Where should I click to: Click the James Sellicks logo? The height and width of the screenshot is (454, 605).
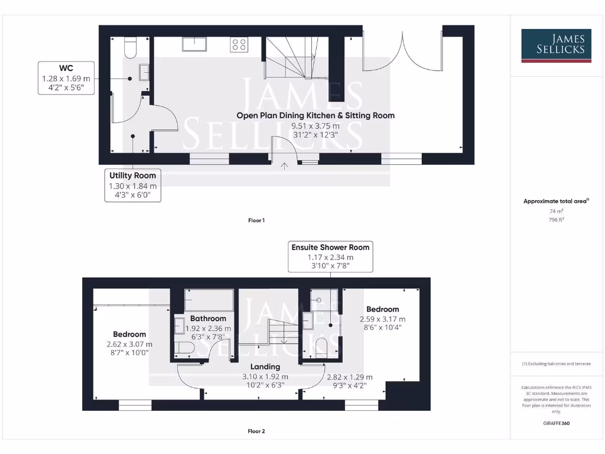pos(555,46)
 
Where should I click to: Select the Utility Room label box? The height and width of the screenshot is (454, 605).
pos(132,186)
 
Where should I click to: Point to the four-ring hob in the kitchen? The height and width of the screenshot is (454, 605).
pos(239,44)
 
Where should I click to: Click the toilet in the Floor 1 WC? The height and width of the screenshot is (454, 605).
pos(131,46)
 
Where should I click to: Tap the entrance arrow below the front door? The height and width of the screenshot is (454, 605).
pos(285,166)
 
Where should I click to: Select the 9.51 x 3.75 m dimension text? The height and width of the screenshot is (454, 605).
pos(315,126)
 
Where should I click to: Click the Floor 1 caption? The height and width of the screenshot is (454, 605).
pos(256,220)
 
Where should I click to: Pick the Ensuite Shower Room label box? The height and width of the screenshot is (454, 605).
pos(330,257)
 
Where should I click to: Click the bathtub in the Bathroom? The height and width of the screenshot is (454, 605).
pos(209,300)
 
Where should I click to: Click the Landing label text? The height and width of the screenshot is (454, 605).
pos(265,367)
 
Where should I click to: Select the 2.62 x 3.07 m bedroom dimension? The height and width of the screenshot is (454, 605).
pos(129,344)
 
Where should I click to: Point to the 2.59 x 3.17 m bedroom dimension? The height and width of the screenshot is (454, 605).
pos(382,319)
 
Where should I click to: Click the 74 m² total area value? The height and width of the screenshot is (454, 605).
pos(555,210)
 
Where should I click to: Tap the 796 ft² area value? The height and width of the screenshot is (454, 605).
pos(555,219)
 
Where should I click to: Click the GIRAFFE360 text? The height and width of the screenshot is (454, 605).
pos(555,423)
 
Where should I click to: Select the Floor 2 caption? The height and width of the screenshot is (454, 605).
pos(256,431)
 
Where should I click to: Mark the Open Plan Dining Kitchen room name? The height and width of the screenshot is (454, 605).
pos(315,115)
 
